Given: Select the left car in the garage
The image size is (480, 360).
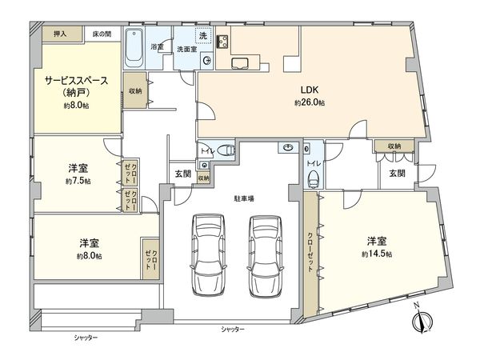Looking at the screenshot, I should pos(207,255).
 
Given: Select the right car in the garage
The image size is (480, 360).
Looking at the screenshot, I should pos(265,255).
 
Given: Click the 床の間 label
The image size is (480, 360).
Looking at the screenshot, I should pos(102,34).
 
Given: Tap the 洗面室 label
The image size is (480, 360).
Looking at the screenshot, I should pos(189,48).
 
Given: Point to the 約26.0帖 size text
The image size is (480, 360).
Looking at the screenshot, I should pos(310,103).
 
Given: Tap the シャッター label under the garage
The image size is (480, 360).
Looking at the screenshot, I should pos(232,330).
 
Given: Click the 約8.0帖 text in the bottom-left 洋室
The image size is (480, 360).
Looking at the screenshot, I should pos(90,256).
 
